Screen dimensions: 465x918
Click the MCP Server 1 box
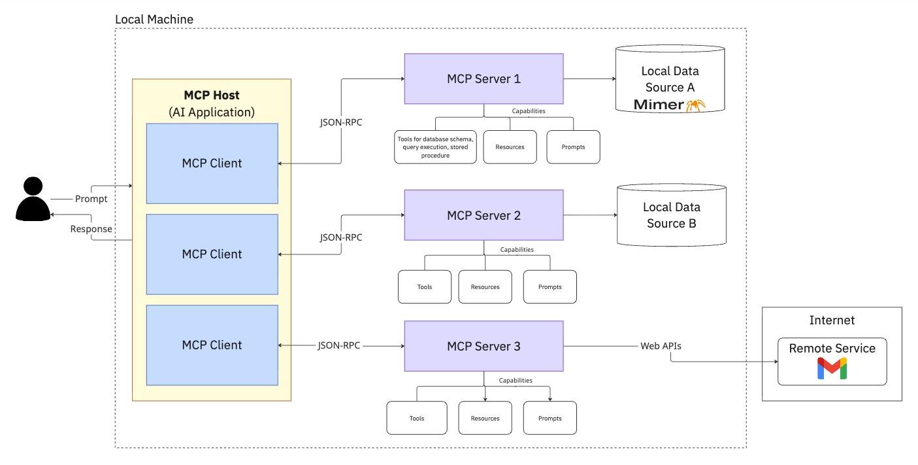pyautogui.click(x=484, y=78)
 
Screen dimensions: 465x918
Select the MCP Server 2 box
pyautogui.click(x=484, y=215)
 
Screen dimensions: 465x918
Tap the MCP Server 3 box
pyautogui.click(x=484, y=346)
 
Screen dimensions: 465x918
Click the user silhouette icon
pyautogui.click(x=33, y=199)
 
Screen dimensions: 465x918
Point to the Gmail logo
pyautogui.click(x=832, y=369)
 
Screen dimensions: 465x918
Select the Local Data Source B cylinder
pyautogui.click(x=671, y=215)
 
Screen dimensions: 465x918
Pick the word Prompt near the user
pyautogui.click(x=91, y=199)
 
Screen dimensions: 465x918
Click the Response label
pyautogui.click(x=91, y=229)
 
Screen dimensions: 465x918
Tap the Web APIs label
pyautogui.click(x=661, y=345)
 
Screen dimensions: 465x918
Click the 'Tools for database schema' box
pyautogui.click(x=435, y=146)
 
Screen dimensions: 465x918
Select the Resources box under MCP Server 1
pyautogui.click(x=510, y=146)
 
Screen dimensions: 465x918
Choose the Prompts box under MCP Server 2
pyautogui.click(x=549, y=286)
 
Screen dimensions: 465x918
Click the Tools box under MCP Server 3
pyautogui.click(x=417, y=418)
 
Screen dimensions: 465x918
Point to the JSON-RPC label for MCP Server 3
pyautogui.click(x=339, y=345)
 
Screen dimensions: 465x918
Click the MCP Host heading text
pyautogui.click(x=212, y=95)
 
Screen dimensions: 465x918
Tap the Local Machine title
pyautogui.click(x=154, y=19)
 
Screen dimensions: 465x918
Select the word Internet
pyautogui.click(x=832, y=320)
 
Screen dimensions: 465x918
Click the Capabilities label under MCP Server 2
pyautogui.click(x=517, y=249)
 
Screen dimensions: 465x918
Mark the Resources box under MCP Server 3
pyautogui.click(x=485, y=418)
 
